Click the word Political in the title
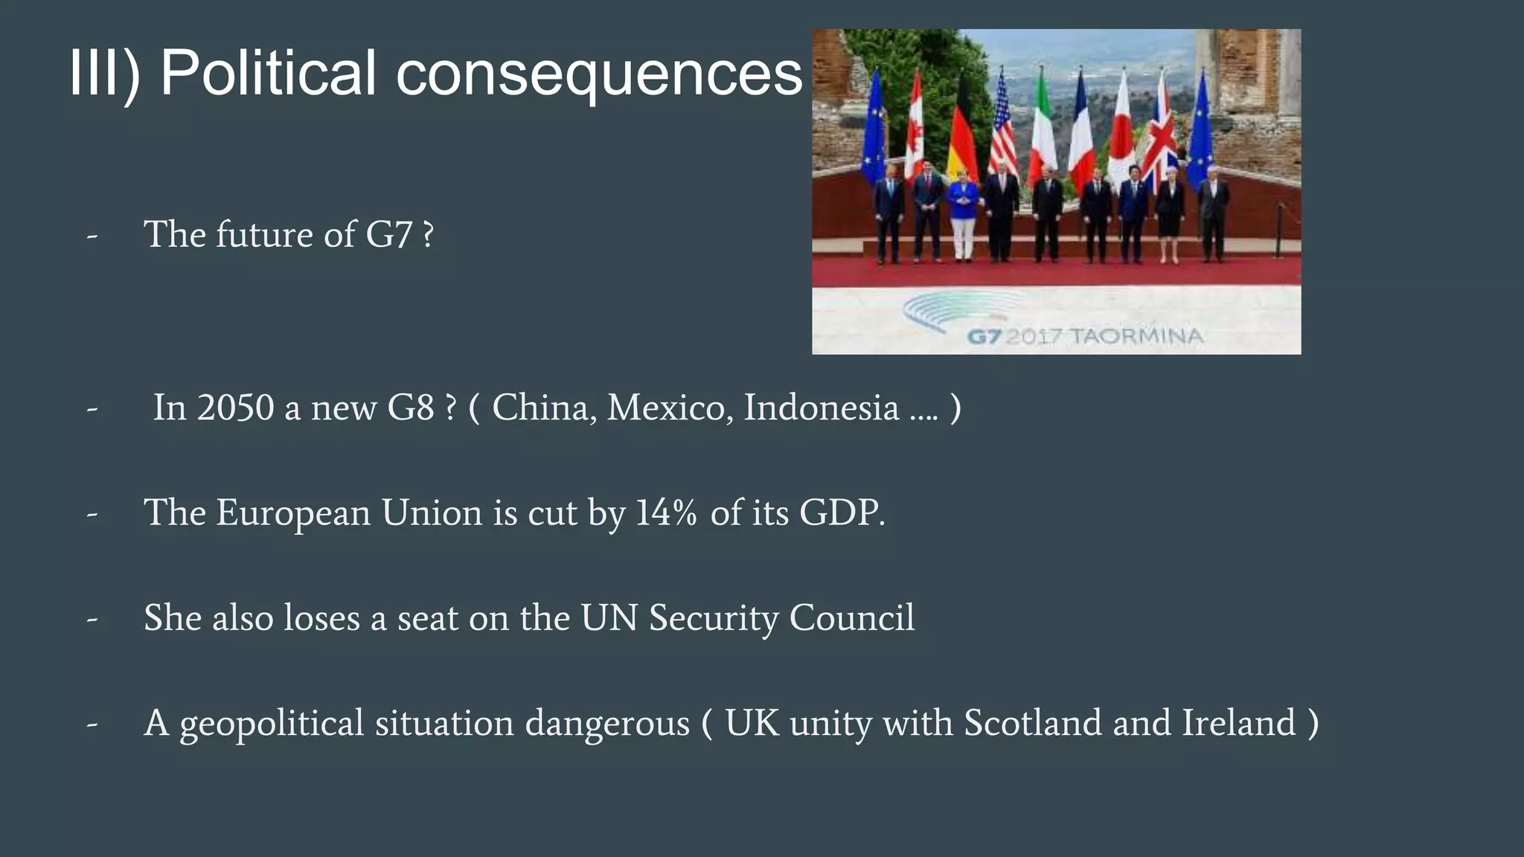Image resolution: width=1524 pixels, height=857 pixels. coord(268,73)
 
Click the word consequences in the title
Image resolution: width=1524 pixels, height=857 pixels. coord(599,73)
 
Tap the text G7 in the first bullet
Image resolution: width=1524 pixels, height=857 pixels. coord(388,235)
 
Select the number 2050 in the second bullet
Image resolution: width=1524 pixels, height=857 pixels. coord(235,408)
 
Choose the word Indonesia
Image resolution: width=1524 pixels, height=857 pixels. coord(822,408)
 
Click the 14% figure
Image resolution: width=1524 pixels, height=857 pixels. coord(666,513)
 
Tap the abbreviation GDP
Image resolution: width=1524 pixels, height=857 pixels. coord(842,513)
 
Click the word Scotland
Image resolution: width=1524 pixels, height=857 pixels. coord(1032,723)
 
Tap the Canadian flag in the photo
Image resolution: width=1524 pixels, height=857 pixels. coord(915,138)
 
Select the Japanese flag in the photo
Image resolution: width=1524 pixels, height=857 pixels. coord(1121,138)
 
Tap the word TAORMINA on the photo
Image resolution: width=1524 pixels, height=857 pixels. coord(1136,336)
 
